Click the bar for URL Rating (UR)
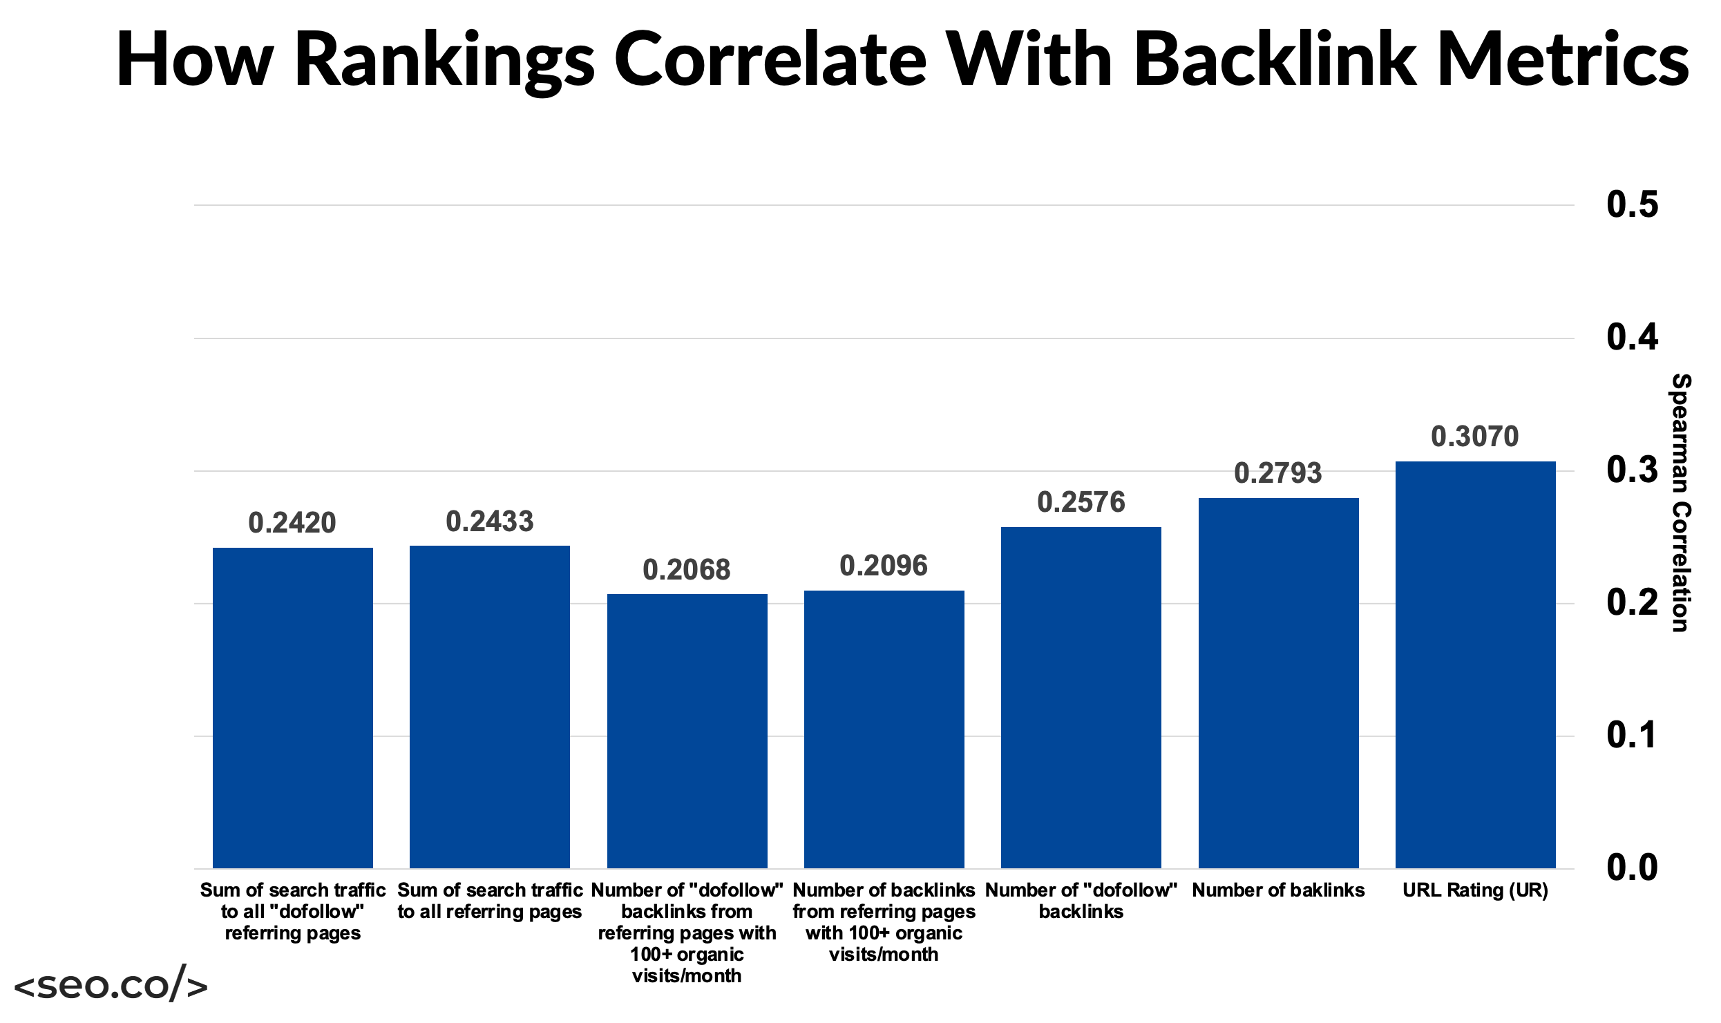click(x=1475, y=665)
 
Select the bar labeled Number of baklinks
click(x=1278, y=682)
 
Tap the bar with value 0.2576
click(x=1081, y=698)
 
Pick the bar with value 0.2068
click(x=687, y=731)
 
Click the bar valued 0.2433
click(x=489, y=707)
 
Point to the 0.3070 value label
click(x=1474, y=437)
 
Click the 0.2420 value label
click(x=292, y=523)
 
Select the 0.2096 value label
click(x=883, y=566)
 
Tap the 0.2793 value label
click(x=1277, y=473)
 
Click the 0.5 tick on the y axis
click(x=1632, y=204)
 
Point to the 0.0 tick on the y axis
click(x=1632, y=868)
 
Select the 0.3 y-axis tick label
click(x=1632, y=470)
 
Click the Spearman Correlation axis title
click(x=1680, y=503)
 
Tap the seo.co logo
click(x=111, y=984)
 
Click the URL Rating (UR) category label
click(x=1475, y=890)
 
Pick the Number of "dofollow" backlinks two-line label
click(x=1081, y=901)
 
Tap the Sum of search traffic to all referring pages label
click(x=489, y=901)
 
